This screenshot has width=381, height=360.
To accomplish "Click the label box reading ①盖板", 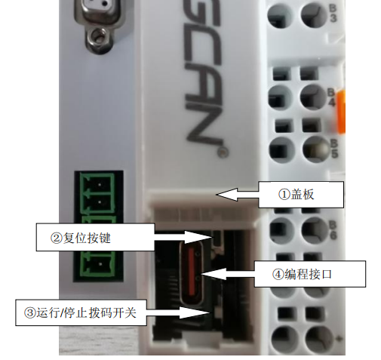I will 300,195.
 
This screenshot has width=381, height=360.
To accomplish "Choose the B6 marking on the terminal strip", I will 333,231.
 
